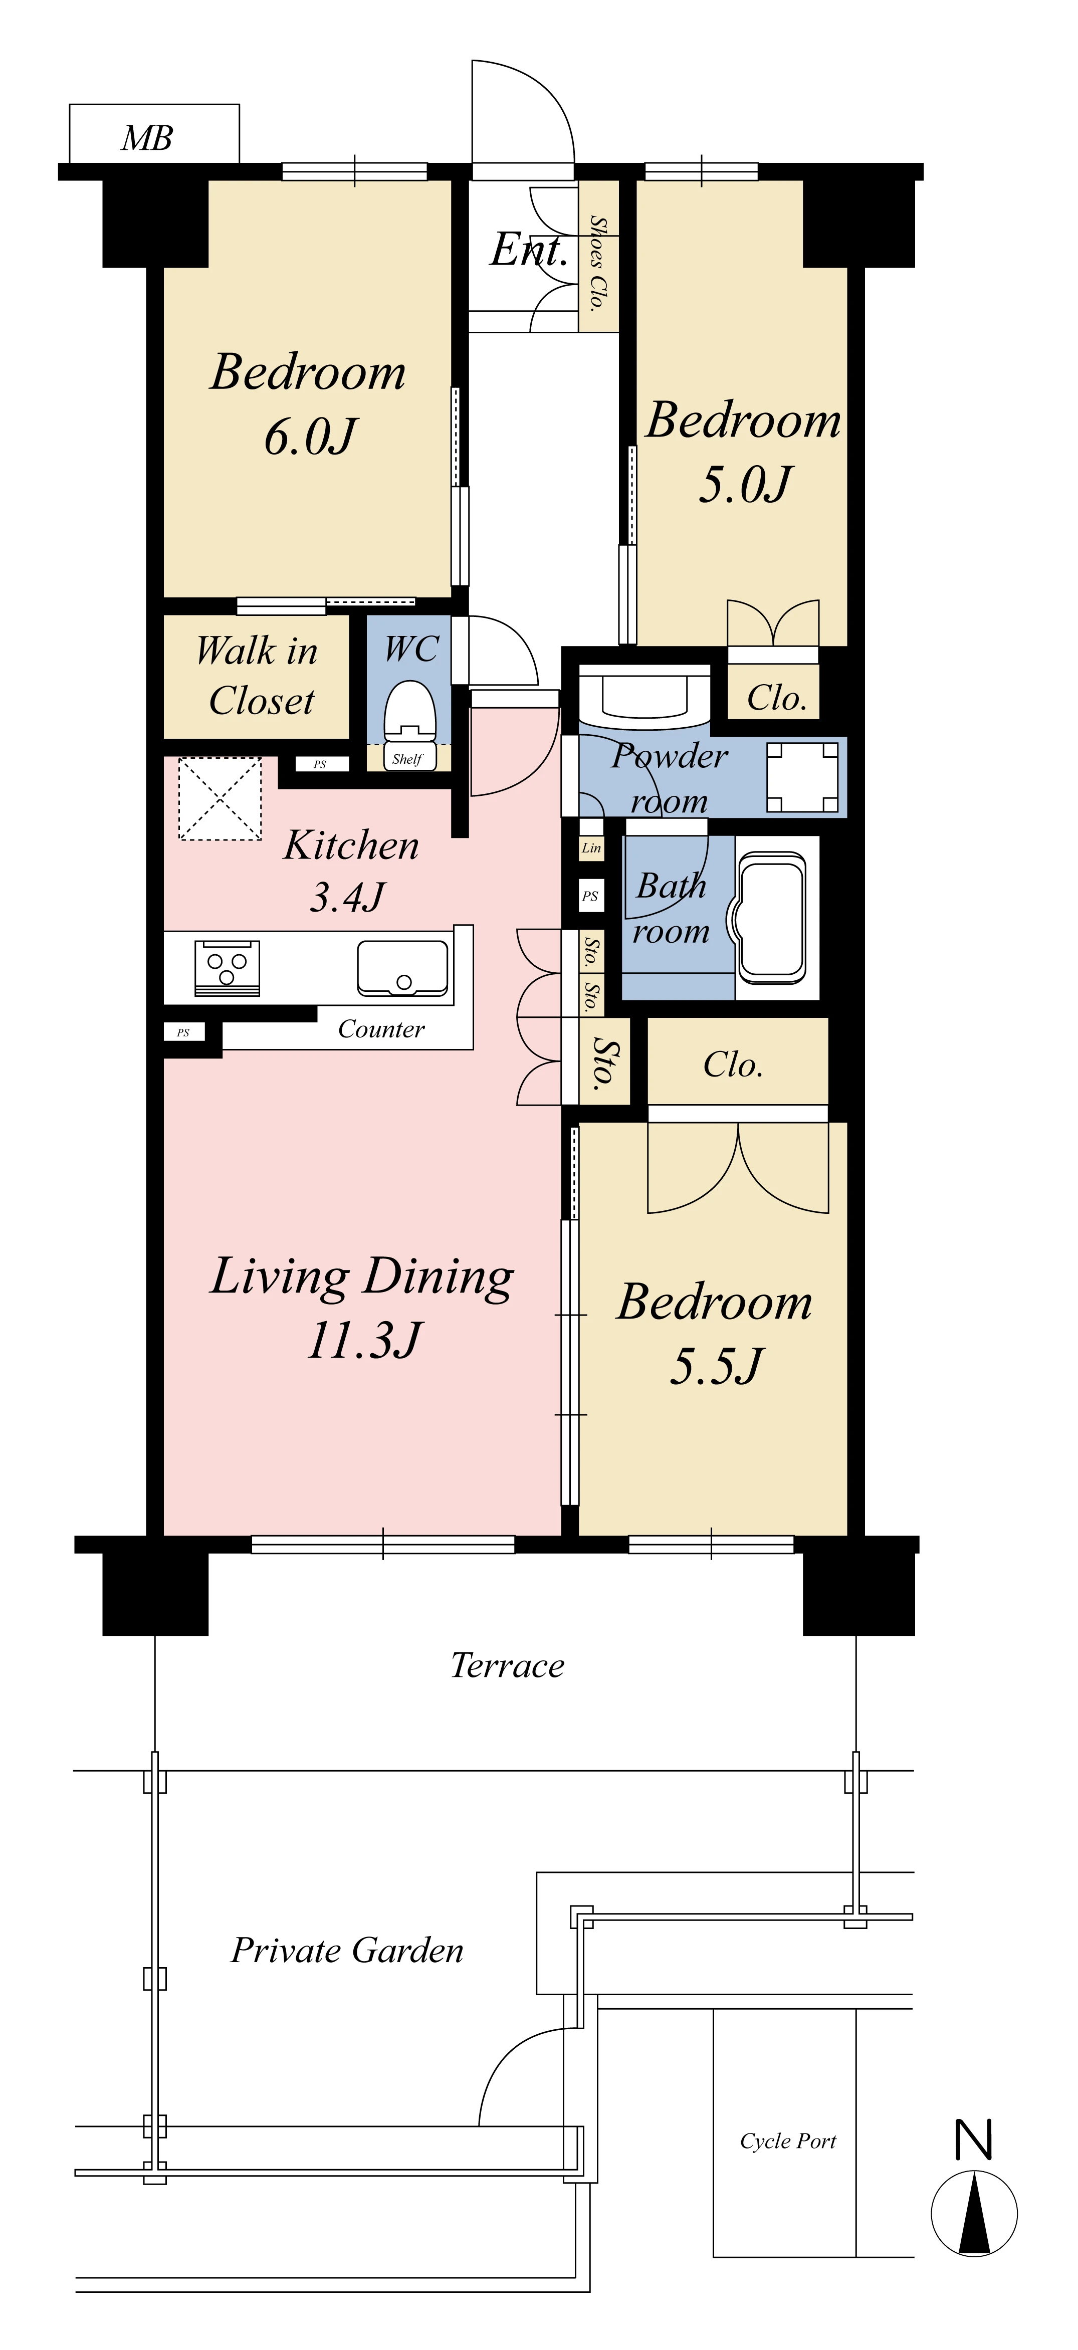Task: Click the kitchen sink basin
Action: [x=403, y=967]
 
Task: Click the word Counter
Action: [x=381, y=1029]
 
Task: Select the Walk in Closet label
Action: [x=257, y=675]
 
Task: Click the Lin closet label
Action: [x=591, y=847]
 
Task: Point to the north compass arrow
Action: [x=974, y=2214]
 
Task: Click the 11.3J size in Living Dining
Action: [x=365, y=1340]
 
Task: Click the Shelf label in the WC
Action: [x=407, y=759]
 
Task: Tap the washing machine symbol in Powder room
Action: [x=802, y=777]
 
